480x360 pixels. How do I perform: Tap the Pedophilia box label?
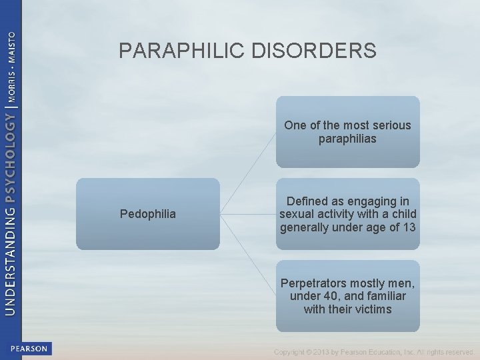click(x=148, y=214)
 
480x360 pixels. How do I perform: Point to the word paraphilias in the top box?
click(x=347, y=139)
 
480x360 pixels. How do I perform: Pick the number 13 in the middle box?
click(x=409, y=227)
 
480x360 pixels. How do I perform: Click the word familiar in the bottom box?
click(x=383, y=296)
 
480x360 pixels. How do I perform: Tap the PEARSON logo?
click(x=29, y=349)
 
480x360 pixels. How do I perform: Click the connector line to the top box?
click(x=247, y=173)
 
